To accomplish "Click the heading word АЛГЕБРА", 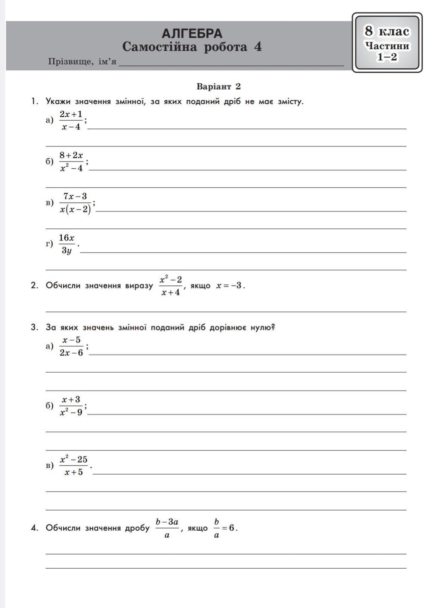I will pos(192,33).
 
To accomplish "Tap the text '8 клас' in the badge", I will pos(387,31).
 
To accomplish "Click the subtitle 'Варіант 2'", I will pos(219,86).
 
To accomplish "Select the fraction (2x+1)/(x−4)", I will pos(71,120).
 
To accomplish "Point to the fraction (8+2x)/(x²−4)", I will pos(71,161).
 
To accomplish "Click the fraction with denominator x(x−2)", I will pos(76,203).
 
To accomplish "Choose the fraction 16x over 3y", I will pos(67,244).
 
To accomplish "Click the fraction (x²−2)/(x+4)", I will pos(171,286).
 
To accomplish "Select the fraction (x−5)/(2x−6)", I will pos(71,346).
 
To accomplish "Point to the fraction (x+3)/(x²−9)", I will pos(71,406).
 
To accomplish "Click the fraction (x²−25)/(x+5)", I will pos(74,465).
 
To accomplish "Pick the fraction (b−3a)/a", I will pos(167,528).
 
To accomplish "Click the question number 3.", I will pos(34,327).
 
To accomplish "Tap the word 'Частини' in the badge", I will pos(387,45).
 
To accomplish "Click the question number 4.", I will pos(34,528).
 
